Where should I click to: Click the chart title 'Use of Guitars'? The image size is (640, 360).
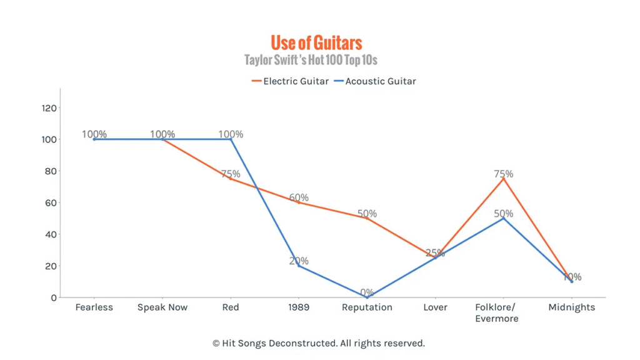[x=316, y=42]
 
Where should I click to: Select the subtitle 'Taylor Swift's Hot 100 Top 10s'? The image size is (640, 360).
[x=311, y=61]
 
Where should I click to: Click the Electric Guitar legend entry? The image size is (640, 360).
[x=290, y=81]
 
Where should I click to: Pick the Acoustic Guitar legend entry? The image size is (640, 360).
[x=375, y=81]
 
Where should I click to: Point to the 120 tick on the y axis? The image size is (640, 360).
[x=49, y=108]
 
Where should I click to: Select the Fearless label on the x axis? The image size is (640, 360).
[x=94, y=307]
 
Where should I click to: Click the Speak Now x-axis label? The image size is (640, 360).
[x=162, y=307]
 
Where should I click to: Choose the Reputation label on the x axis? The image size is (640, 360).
[x=367, y=307]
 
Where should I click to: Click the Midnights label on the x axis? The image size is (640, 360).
[x=572, y=307]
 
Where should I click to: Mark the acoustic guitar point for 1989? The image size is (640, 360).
[x=299, y=266]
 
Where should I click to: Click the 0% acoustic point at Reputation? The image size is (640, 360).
[x=367, y=297]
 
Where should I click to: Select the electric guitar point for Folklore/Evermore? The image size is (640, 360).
[x=503, y=179]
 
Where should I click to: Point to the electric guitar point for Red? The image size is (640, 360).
[x=231, y=179]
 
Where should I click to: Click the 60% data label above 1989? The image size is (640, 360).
[x=299, y=197]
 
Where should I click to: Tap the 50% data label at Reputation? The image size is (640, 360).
[x=367, y=214]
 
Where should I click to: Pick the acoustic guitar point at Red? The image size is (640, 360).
[x=231, y=139]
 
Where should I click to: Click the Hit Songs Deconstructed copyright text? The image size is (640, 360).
[x=319, y=343]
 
